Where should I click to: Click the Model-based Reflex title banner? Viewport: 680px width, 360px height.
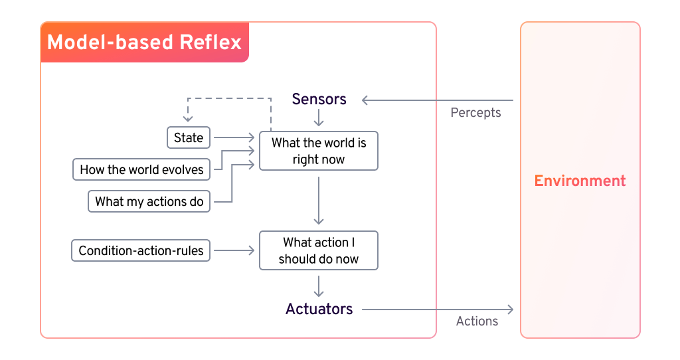(144, 43)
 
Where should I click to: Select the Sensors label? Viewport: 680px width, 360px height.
(319, 100)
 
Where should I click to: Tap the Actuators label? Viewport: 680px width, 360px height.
(319, 309)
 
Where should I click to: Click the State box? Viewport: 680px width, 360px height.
(188, 137)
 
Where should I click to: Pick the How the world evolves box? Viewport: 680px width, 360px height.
(141, 169)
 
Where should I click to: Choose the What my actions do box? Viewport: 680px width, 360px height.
(149, 201)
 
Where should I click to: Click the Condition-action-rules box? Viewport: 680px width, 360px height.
(141, 250)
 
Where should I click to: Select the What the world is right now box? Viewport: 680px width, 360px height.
(319, 151)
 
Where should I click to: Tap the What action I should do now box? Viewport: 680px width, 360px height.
(319, 250)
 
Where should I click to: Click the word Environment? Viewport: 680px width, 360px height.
(580, 181)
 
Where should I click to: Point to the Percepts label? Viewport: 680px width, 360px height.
(475, 112)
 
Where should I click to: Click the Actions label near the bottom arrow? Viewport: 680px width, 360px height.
(477, 321)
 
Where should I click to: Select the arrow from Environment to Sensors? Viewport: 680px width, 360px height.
(438, 100)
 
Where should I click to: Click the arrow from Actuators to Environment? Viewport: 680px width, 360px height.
(438, 310)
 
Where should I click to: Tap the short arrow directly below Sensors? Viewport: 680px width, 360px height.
(319, 118)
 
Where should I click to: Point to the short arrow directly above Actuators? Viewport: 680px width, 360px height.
(319, 286)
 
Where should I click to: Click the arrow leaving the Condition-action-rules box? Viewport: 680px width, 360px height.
(234, 250)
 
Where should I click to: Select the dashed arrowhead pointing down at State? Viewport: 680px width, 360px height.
(188, 118)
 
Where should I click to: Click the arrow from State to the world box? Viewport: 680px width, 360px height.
(234, 137)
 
